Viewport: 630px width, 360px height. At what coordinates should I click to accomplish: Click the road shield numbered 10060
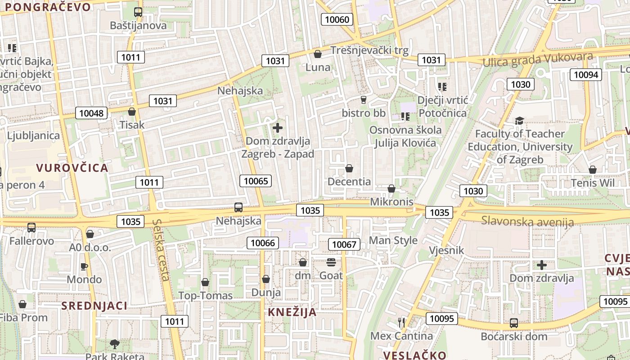coord(337,19)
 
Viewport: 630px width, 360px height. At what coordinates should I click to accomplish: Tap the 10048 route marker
coord(91,113)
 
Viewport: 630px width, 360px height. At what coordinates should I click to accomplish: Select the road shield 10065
coord(256,181)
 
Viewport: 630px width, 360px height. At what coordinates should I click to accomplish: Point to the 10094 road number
coord(586,75)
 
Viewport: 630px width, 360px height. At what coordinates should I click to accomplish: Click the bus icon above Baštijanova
coord(138,12)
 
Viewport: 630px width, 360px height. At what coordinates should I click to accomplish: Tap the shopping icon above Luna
coord(318,54)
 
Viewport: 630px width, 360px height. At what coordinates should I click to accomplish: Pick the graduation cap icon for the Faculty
coord(520,121)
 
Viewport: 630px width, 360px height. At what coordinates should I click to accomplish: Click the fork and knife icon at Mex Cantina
coord(401,322)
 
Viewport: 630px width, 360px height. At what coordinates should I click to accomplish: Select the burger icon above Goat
coord(331,262)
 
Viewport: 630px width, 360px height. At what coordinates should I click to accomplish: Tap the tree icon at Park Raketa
coord(115,344)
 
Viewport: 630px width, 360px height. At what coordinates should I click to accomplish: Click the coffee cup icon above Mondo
coord(84,266)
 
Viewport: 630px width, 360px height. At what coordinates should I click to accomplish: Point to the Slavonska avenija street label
coord(527,221)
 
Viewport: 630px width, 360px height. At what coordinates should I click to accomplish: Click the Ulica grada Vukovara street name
coord(538,59)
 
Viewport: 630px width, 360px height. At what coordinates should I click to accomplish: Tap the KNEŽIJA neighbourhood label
coord(292,312)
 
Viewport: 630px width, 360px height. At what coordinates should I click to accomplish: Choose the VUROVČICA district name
coord(72,168)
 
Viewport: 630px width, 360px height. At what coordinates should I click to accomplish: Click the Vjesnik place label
coord(446,251)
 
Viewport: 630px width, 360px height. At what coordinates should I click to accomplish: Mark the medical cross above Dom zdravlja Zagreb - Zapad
coord(278,128)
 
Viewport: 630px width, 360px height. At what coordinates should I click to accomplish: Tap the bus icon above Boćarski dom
coord(513,323)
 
